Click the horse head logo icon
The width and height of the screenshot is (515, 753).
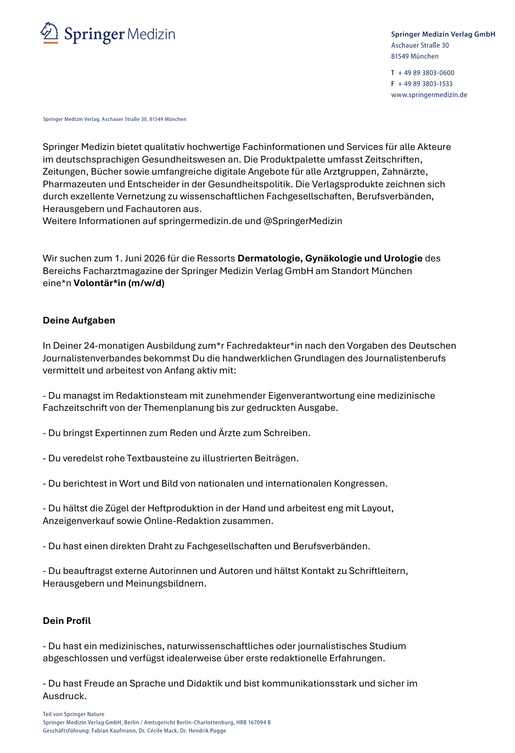tap(49, 32)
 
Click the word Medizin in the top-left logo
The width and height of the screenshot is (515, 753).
tap(151, 35)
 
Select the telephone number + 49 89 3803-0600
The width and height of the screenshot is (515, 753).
tap(426, 73)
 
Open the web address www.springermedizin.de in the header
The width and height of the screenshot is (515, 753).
tap(429, 95)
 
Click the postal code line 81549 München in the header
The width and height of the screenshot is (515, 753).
tap(415, 57)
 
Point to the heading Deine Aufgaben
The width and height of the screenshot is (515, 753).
tap(79, 321)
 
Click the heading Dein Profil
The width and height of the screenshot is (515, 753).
tap(67, 621)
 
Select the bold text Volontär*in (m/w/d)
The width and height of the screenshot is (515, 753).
tap(119, 283)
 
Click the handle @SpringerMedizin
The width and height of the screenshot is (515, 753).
tap(303, 221)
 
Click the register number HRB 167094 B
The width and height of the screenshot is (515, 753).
tap(253, 723)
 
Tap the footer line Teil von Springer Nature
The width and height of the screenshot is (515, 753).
tap(74, 715)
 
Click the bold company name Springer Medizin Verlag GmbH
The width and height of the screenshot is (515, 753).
tap(443, 34)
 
